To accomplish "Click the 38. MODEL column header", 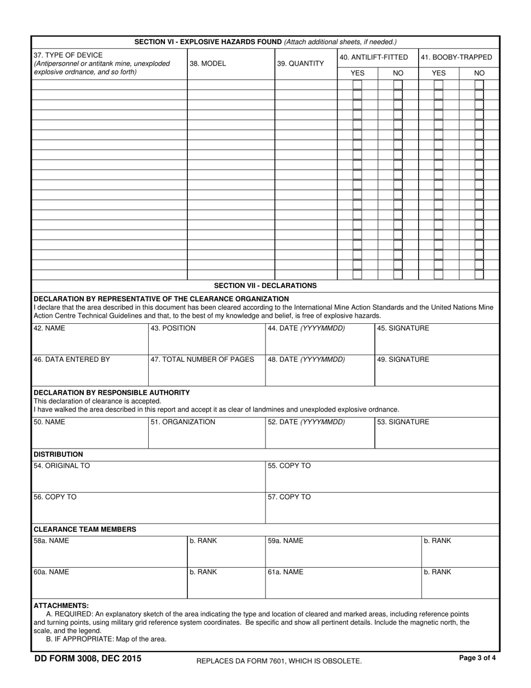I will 208,64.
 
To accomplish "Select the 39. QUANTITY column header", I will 300,64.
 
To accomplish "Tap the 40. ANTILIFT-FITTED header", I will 373,57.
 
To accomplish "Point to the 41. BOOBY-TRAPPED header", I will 456,57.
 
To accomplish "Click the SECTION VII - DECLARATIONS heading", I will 265,285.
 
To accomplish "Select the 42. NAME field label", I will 49,328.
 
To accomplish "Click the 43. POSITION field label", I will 173,328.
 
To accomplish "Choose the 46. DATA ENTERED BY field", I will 72,360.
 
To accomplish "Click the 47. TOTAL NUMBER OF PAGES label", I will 202,360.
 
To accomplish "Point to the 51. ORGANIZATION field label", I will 183,422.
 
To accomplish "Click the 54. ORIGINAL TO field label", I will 61,466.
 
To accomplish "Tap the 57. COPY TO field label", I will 289,497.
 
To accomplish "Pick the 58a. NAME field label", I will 51,541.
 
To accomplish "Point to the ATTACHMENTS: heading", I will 61,605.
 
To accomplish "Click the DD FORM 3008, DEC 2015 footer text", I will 88,658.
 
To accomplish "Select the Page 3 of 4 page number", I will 477,658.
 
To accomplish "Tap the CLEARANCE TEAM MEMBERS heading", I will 84,529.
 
